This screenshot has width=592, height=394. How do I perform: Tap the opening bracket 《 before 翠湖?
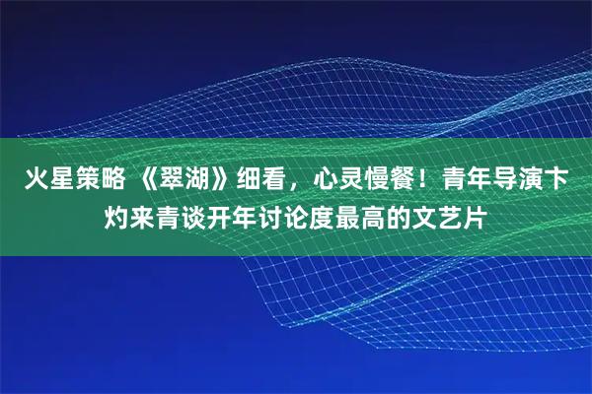coord(146,180)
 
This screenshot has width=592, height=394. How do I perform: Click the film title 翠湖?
coord(185,180)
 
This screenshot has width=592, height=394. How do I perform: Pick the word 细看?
coord(262,180)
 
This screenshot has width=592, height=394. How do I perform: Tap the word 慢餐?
coord(394,180)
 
